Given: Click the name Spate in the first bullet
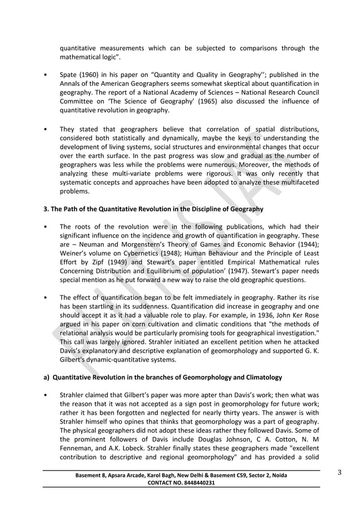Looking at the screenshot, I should [69, 75].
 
